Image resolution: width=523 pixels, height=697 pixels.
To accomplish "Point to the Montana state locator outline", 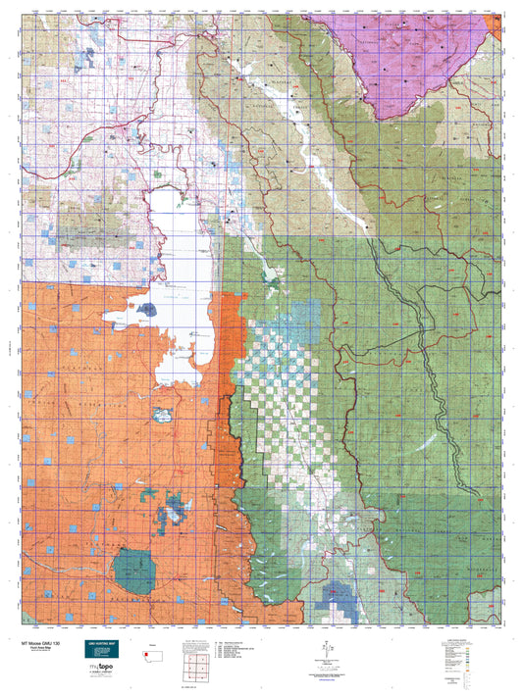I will pos(151,650).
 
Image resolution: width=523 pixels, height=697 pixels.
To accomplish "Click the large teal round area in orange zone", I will pos(132,572).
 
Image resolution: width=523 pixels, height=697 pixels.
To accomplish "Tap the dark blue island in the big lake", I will pos(147,310).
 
